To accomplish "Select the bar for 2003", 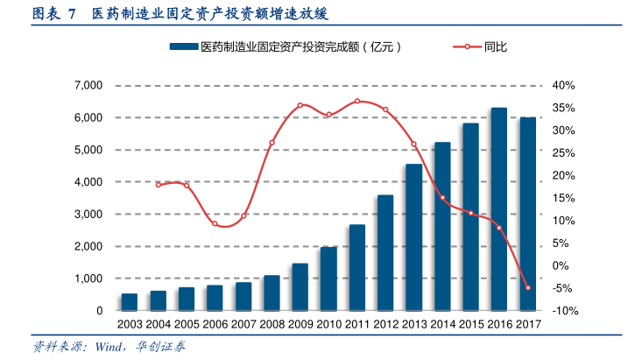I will tap(130, 302).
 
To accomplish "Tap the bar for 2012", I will tap(385, 253).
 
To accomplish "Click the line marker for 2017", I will tap(527, 287).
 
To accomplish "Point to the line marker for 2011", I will tap(357, 102).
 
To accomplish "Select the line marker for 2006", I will tap(215, 223).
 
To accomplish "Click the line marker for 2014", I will tap(442, 198).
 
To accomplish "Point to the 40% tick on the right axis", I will tap(563, 86).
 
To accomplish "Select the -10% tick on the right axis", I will tap(563, 311).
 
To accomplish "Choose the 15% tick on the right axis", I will tap(563, 198).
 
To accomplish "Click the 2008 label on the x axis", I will tap(272, 325).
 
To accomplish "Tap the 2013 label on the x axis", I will tap(413, 325).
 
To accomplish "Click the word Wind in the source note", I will tap(106, 348).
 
